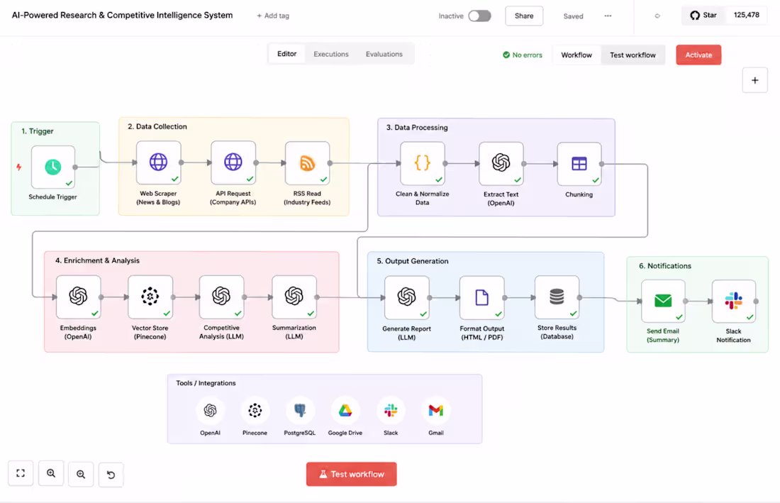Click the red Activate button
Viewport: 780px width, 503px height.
click(698, 55)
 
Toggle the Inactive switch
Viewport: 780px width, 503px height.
click(479, 16)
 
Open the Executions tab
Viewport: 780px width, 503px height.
click(331, 54)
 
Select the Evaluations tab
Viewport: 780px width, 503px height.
click(384, 54)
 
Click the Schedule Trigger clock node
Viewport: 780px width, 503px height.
click(53, 167)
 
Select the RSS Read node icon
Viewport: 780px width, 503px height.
click(308, 163)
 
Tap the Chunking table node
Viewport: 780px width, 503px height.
click(579, 164)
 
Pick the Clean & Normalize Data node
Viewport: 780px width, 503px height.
click(423, 163)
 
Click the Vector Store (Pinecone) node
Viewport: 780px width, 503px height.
click(150, 297)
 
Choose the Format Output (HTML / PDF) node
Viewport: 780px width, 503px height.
click(482, 297)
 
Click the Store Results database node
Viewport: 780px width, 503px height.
click(557, 297)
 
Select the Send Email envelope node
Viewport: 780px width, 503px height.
click(663, 301)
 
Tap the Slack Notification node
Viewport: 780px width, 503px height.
click(734, 301)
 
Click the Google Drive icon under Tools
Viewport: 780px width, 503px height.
click(345, 411)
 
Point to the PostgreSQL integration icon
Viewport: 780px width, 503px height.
click(300, 411)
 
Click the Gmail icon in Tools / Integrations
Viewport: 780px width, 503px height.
click(436, 411)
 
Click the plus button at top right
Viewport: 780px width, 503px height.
click(754, 80)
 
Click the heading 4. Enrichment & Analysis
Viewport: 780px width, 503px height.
click(98, 260)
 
